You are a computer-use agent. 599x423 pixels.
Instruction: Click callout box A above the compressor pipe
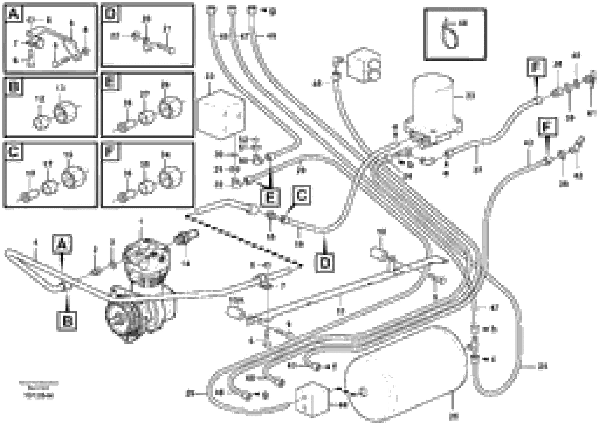pos(62,244)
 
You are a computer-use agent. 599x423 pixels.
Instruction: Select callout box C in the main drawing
pos(301,195)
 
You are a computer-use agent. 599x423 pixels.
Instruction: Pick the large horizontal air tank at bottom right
pos(407,381)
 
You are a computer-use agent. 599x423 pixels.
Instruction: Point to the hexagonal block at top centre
pos(364,65)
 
